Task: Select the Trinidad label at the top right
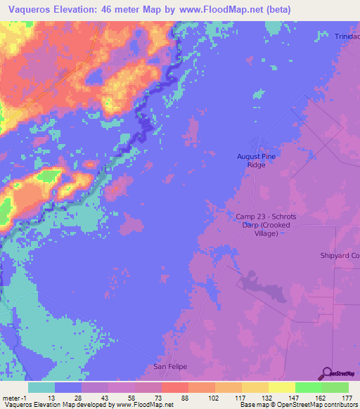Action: [x=347, y=37]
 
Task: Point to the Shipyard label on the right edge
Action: [x=340, y=255]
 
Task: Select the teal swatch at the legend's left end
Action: [x=41, y=387]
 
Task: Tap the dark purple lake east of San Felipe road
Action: [x=260, y=285]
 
